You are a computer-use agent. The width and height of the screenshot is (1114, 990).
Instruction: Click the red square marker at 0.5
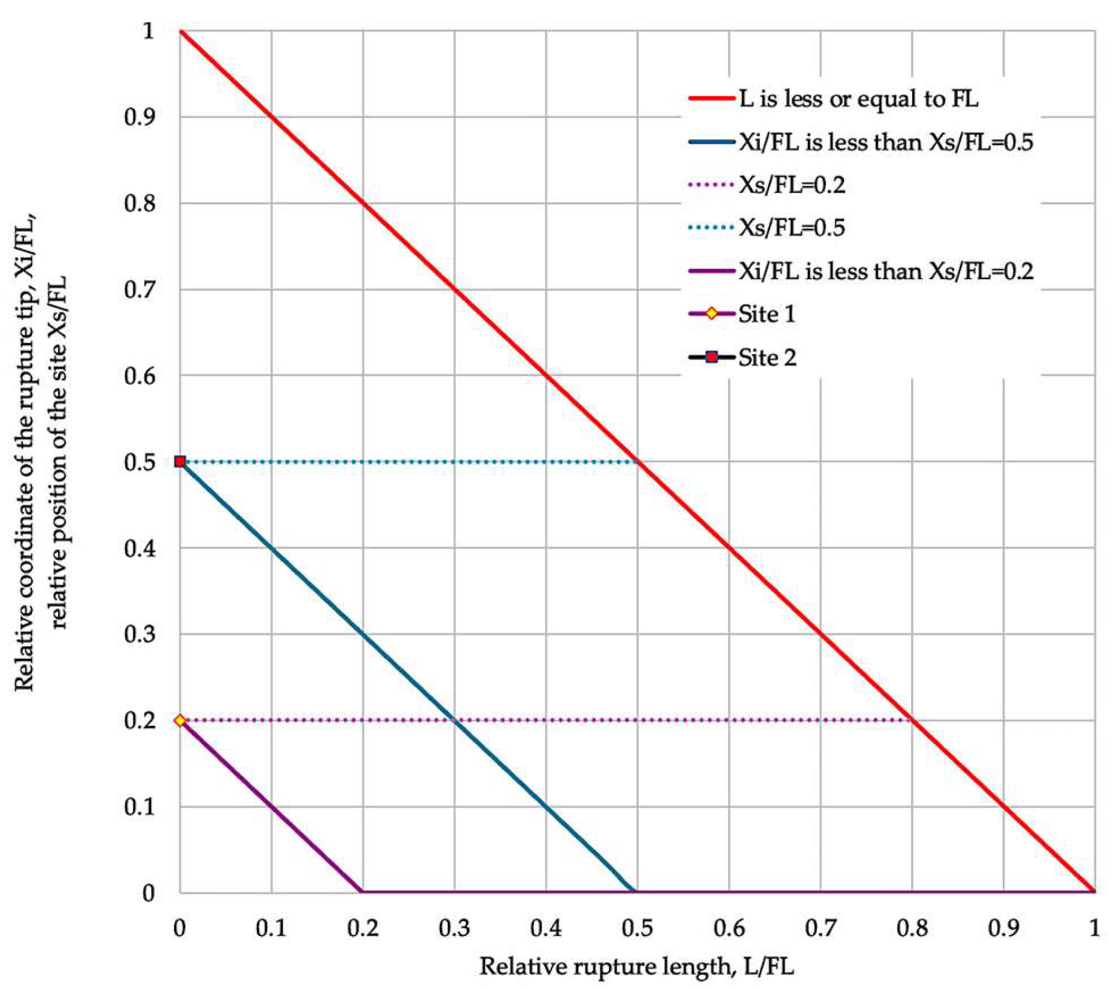coord(179,462)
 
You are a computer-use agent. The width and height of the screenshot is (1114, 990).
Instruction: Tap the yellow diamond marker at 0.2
coord(179,720)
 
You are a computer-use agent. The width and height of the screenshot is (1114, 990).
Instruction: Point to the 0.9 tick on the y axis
coord(140,117)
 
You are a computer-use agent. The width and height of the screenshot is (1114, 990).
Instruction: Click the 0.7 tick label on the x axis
coord(820,928)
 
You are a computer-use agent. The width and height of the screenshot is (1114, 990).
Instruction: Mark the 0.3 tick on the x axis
coord(454,928)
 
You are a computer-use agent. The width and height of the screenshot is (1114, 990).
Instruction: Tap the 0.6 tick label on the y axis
coord(140,376)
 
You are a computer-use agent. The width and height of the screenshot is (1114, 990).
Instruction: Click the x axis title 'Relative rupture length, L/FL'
coord(637,966)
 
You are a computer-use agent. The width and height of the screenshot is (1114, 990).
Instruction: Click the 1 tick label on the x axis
coord(1094,928)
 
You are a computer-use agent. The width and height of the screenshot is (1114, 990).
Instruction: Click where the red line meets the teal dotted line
coord(637,462)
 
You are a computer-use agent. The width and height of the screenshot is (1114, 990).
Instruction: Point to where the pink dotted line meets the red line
coord(912,720)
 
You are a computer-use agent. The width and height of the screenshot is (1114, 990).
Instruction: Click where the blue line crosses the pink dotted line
coord(454,720)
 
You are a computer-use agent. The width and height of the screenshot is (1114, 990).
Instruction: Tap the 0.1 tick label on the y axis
coord(140,807)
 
